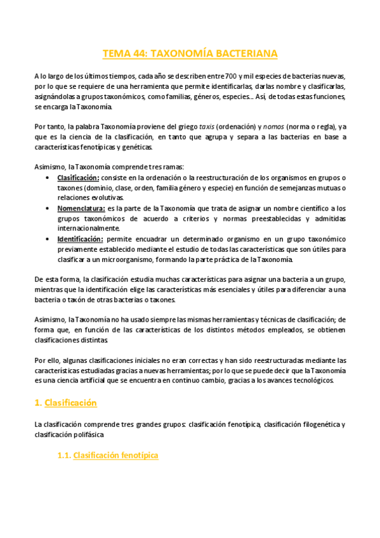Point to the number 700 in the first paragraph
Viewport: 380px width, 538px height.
pos(217,75)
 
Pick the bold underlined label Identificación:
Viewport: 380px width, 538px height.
pos(81,239)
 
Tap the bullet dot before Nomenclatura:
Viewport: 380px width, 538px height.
pos(49,208)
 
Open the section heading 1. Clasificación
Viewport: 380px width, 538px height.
pos(65,402)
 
